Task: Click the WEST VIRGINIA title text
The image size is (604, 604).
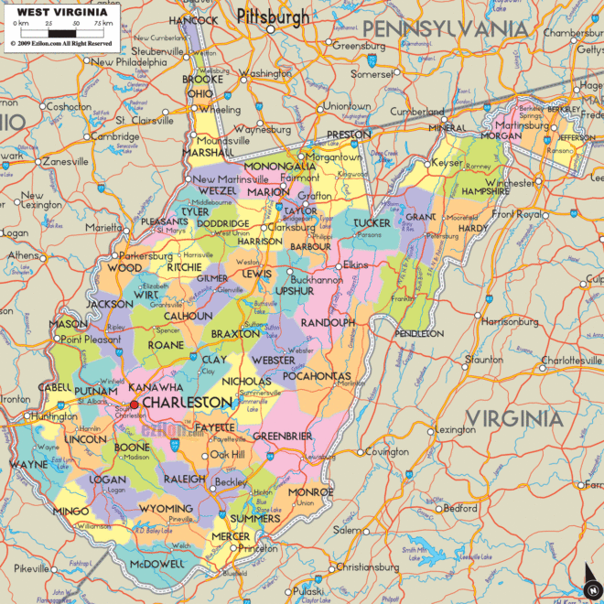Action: pyautogui.click(x=58, y=11)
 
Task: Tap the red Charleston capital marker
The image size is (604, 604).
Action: pyautogui.click(x=135, y=404)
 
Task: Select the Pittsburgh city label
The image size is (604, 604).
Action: pyautogui.click(x=272, y=16)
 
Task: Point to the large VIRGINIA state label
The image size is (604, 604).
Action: pyautogui.click(x=512, y=419)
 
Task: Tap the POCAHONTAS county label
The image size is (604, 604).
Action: pyautogui.click(x=318, y=376)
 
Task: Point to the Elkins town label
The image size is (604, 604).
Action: pyautogui.click(x=355, y=265)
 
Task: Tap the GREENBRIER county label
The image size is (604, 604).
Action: pyautogui.click(x=283, y=436)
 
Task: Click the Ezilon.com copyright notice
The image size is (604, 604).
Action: pyautogui.click(x=61, y=43)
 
